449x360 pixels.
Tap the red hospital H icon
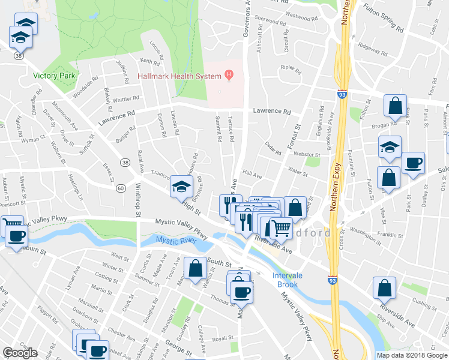[x=228, y=75]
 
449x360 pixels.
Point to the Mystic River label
[x=176, y=241]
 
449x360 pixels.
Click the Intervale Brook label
[x=286, y=280]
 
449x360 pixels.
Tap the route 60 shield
[x=121, y=188]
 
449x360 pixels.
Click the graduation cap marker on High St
[x=182, y=187]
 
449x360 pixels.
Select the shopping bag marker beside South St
[x=196, y=269]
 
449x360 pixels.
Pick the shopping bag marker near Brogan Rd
[x=396, y=107]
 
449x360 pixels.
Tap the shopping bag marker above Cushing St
[x=385, y=288]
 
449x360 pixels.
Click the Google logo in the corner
[x=20, y=353]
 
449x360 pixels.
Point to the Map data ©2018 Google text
[x=411, y=355]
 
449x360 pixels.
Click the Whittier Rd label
[x=126, y=98]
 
